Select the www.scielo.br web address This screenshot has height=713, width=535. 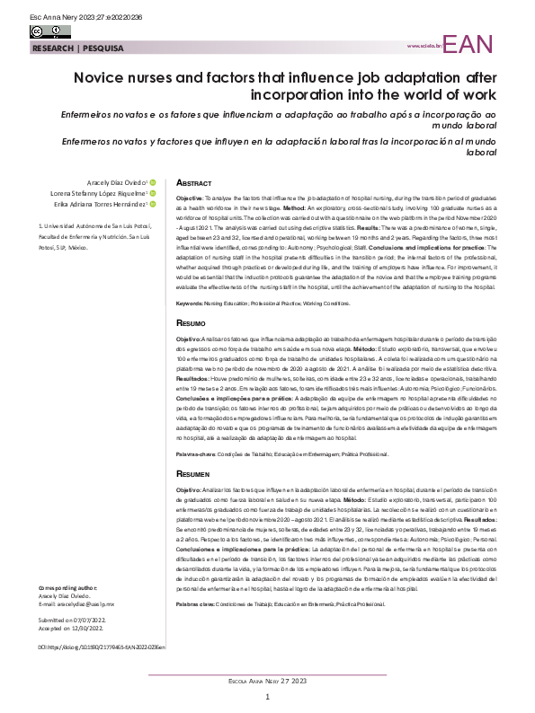424,46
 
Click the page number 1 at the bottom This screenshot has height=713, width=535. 267,696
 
